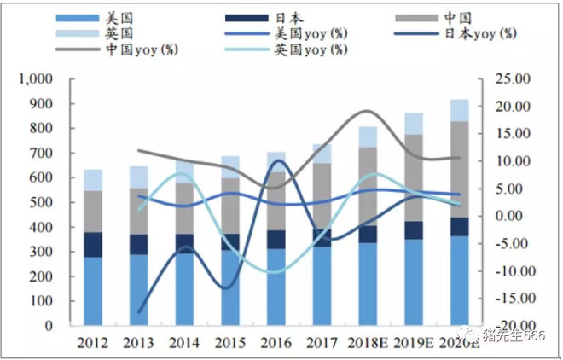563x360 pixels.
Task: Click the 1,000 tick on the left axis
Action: pyautogui.click(x=36, y=79)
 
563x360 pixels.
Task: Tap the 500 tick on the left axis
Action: pyautogui.click(x=41, y=203)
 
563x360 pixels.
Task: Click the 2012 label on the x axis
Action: pyautogui.click(x=92, y=343)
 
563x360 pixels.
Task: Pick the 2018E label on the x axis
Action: pyautogui.click(x=367, y=343)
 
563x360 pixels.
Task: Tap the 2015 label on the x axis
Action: pyautogui.click(x=229, y=343)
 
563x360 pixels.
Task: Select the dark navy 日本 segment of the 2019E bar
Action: pyautogui.click(x=413, y=230)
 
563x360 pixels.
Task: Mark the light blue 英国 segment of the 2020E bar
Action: pyautogui.click(x=459, y=110)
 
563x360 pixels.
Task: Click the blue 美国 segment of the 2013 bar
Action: pyautogui.click(x=138, y=290)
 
